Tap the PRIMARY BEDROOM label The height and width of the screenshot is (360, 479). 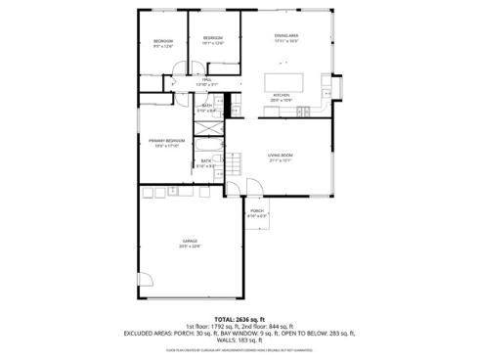pos(168,140)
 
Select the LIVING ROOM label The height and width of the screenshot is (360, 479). pos(282,156)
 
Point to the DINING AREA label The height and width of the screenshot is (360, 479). pos(286,36)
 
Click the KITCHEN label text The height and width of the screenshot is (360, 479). pos(281,95)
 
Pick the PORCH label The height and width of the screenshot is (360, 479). pos(256,210)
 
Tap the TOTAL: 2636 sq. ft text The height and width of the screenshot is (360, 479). pos(239,319)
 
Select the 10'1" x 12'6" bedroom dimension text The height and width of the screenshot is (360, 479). pos(213,44)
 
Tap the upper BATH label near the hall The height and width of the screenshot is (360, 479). pos(207,107)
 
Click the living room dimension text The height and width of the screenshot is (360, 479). pos(282,161)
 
